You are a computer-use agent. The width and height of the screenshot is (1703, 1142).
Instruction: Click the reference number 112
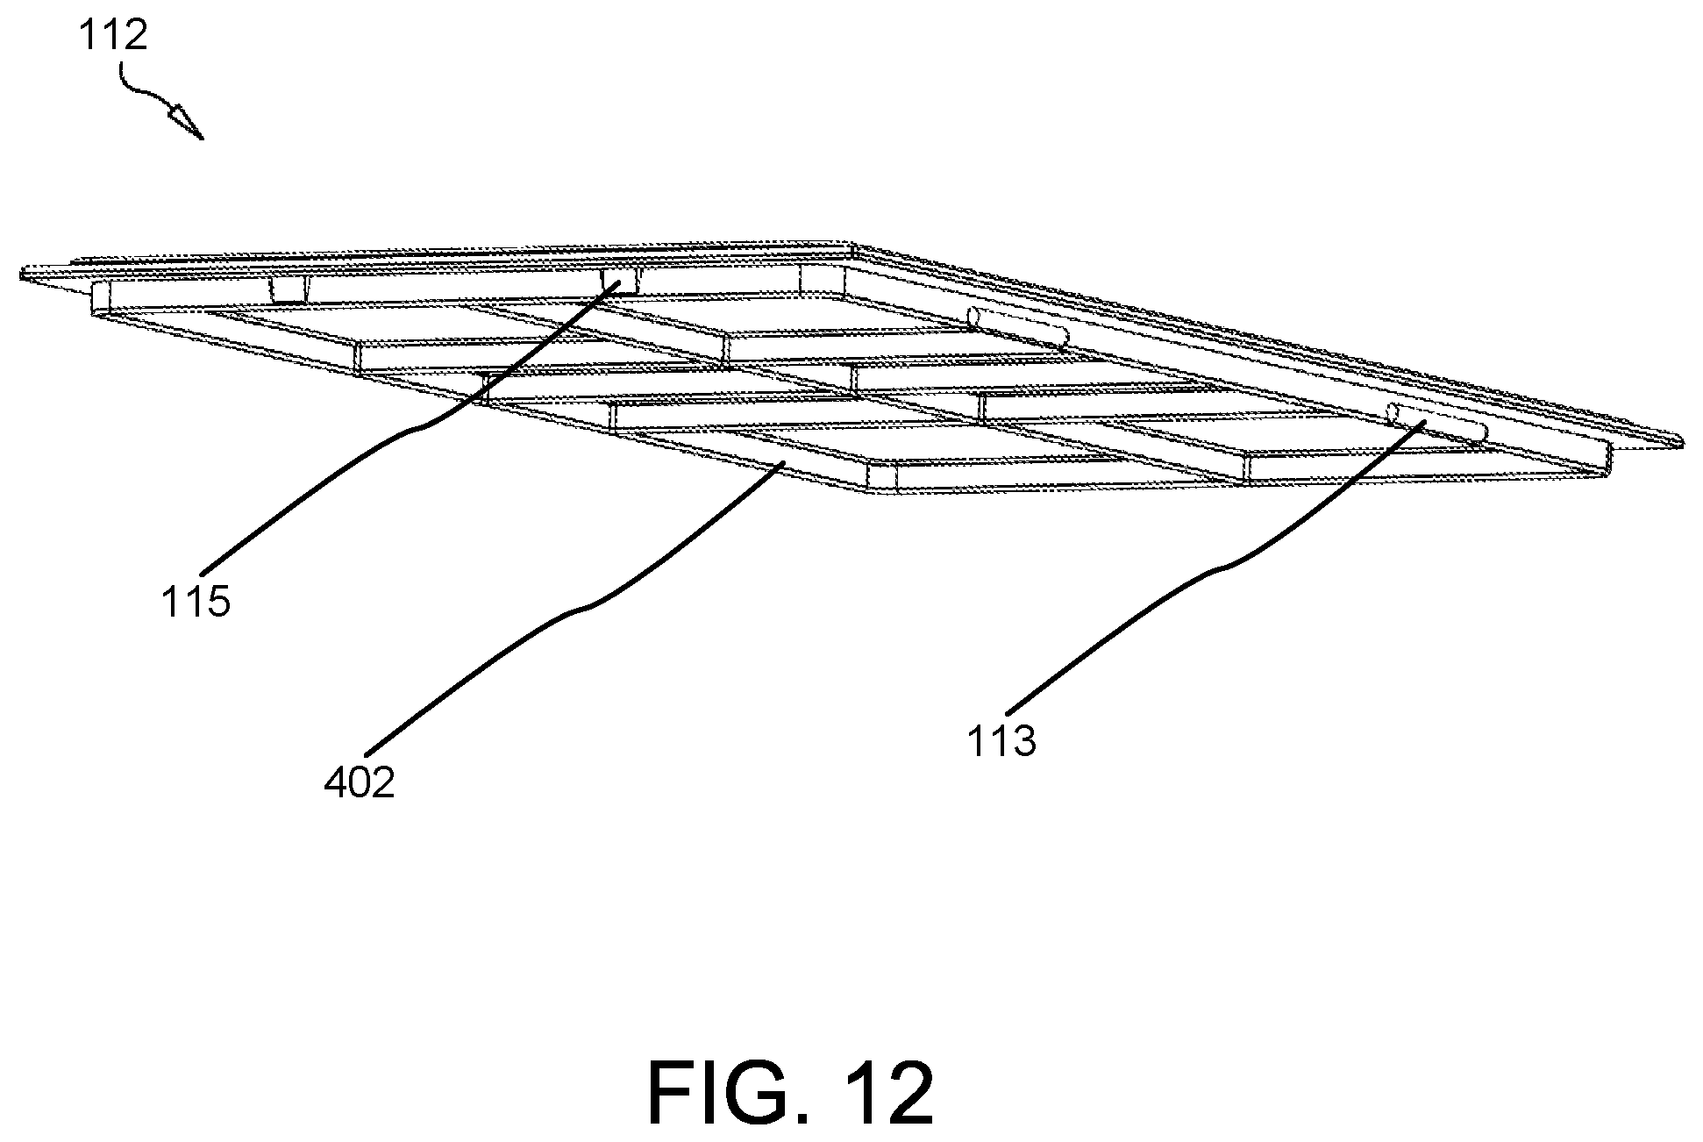pyautogui.click(x=114, y=36)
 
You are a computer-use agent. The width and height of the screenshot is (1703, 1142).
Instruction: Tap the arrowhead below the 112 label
pyautogui.click(x=187, y=120)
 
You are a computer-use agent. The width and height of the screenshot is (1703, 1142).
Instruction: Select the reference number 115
pyautogui.click(x=196, y=603)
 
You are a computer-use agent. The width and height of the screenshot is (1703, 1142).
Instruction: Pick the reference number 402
pyautogui.click(x=360, y=782)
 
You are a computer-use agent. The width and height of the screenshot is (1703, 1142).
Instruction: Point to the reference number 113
pyautogui.click(x=1001, y=741)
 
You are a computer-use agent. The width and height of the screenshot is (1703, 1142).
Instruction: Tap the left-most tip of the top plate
pyautogui.click(x=21, y=276)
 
